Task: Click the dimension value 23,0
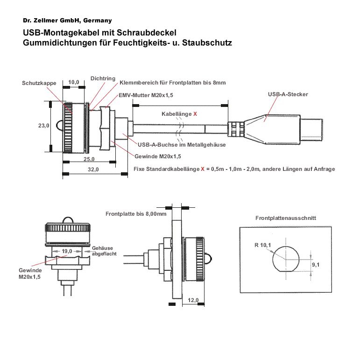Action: click(43, 126)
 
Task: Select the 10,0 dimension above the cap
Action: click(74, 82)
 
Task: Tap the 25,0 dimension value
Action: click(89, 159)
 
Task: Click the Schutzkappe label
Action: click(39, 83)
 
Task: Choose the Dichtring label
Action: click(103, 78)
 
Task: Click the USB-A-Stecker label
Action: click(288, 94)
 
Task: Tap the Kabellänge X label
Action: click(179, 114)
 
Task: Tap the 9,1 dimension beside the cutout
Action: click(316, 265)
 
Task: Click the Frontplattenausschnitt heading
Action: click(286, 218)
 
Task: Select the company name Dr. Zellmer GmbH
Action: click(67, 21)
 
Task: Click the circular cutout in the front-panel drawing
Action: click(286, 259)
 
